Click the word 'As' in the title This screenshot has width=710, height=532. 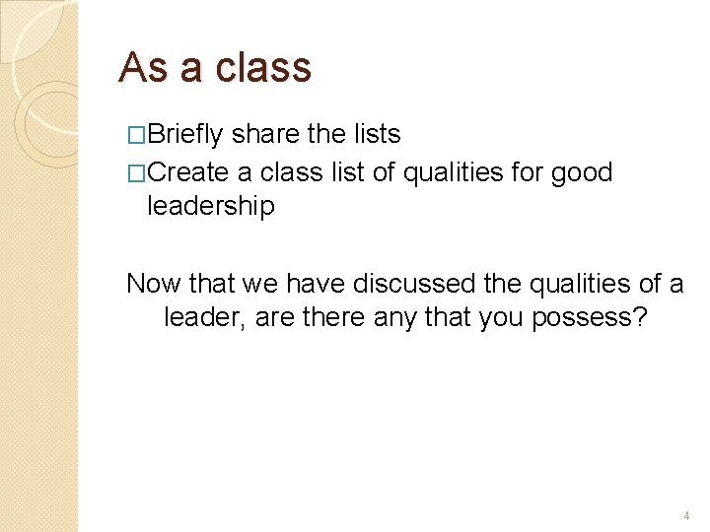pyautogui.click(x=139, y=68)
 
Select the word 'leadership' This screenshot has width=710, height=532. pyautogui.click(x=211, y=206)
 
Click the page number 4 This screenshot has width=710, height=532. pyautogui.click(x=686, y=515)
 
